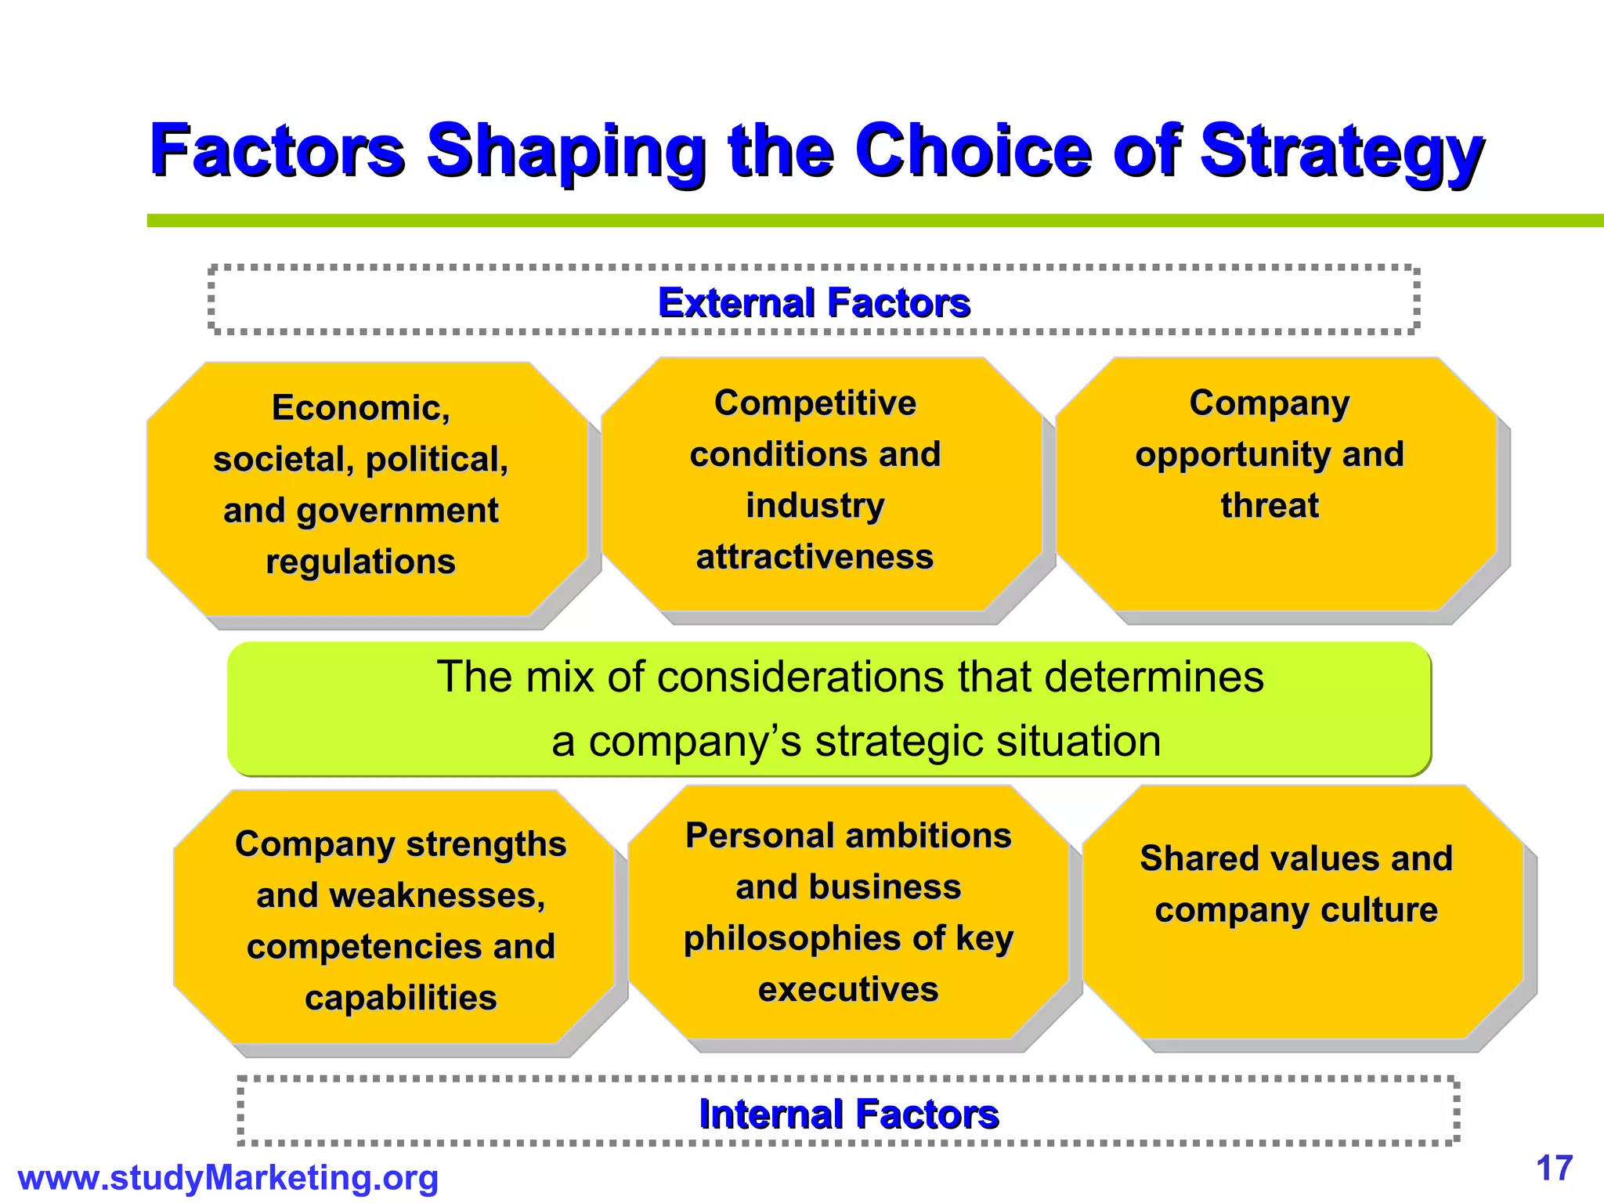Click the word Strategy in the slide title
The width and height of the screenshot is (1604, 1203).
tap(1341, 150)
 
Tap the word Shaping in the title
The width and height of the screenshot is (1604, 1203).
tap(565, 150)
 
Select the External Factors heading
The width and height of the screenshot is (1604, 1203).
tap(814, 302)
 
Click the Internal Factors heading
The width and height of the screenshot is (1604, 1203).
tap(848, 1114)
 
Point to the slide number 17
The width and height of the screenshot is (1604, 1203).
tap(1555, 1169)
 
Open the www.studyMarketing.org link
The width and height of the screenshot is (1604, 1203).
tap(228, 1178)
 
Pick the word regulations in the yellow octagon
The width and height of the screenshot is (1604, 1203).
tap(360, 562)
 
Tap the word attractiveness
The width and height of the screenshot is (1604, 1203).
tap(815, 557)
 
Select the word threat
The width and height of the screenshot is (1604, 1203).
tap(1270, 505)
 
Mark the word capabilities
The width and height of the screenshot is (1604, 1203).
tap(400, 998)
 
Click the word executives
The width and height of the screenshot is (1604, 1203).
tap(848, 989)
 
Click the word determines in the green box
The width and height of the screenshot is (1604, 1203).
tap(1154, 677)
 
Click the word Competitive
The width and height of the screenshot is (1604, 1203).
tap(815, 403)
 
